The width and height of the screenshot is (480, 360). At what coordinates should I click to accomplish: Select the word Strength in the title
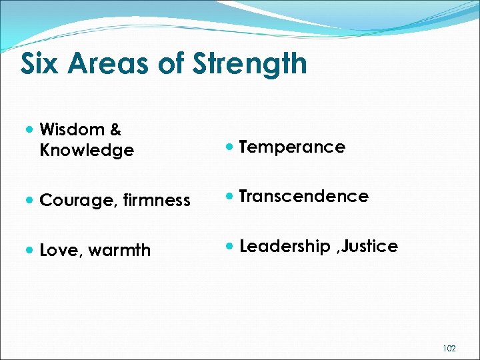249,64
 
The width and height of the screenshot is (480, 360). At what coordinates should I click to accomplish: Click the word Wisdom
72,129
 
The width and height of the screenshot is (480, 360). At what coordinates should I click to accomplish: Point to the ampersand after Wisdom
115,129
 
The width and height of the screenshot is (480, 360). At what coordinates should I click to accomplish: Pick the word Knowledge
87,151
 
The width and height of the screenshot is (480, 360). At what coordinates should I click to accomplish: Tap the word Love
60,251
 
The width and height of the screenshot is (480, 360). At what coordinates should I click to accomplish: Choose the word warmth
119,251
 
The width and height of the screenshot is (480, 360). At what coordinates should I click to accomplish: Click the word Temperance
292,147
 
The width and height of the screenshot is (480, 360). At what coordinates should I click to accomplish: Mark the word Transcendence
303,197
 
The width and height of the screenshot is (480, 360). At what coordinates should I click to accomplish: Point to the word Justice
371,247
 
